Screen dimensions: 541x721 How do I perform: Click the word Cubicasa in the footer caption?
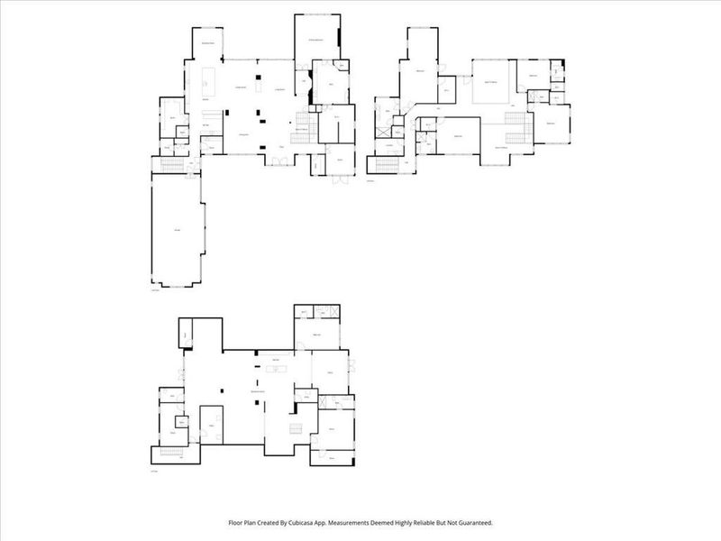(346, 523)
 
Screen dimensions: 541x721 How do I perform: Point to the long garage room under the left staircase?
(178, 232)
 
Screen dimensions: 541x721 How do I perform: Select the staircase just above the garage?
(169, 163)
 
